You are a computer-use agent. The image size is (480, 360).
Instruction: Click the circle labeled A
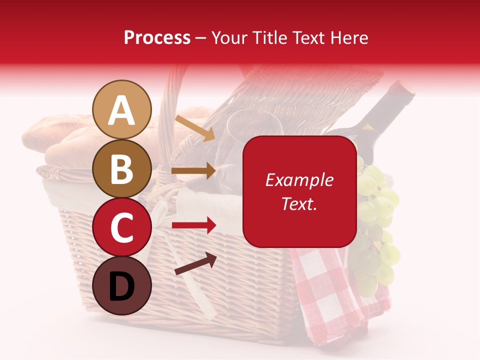(122, 110)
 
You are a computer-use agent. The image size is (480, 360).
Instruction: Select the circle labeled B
(122, 168)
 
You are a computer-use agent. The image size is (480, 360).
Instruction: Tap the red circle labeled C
(122, 227)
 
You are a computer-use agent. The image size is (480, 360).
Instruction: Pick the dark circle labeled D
(122, 285)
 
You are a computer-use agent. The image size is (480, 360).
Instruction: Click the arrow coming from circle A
(194, 128)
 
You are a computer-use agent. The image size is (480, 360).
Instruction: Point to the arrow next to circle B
(193, 171)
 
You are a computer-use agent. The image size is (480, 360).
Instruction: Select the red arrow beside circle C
(193, 225)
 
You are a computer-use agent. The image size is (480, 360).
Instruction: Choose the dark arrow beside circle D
(195, 263)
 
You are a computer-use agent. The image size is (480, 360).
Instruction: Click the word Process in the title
(157, 38)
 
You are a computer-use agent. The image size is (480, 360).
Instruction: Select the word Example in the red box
(299, 180)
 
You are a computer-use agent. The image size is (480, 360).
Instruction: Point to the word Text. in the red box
(299, 203)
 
